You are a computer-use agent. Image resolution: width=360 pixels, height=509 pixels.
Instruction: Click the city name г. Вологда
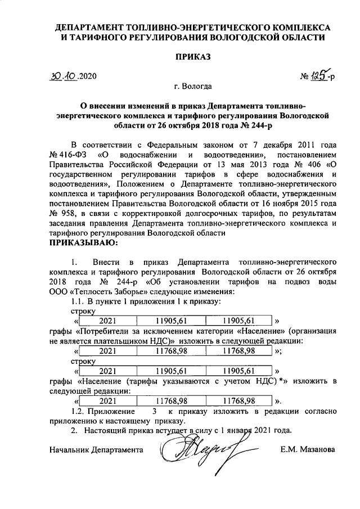coord(193,87)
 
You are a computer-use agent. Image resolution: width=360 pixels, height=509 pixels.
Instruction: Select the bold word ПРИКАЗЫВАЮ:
coord(83,244)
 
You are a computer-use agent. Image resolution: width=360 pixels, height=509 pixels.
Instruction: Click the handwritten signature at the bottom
coord(194,451)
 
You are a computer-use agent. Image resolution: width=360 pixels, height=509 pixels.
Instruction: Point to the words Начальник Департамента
coord(96,450)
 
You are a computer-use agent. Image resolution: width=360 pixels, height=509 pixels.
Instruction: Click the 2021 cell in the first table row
coord(107,321)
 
